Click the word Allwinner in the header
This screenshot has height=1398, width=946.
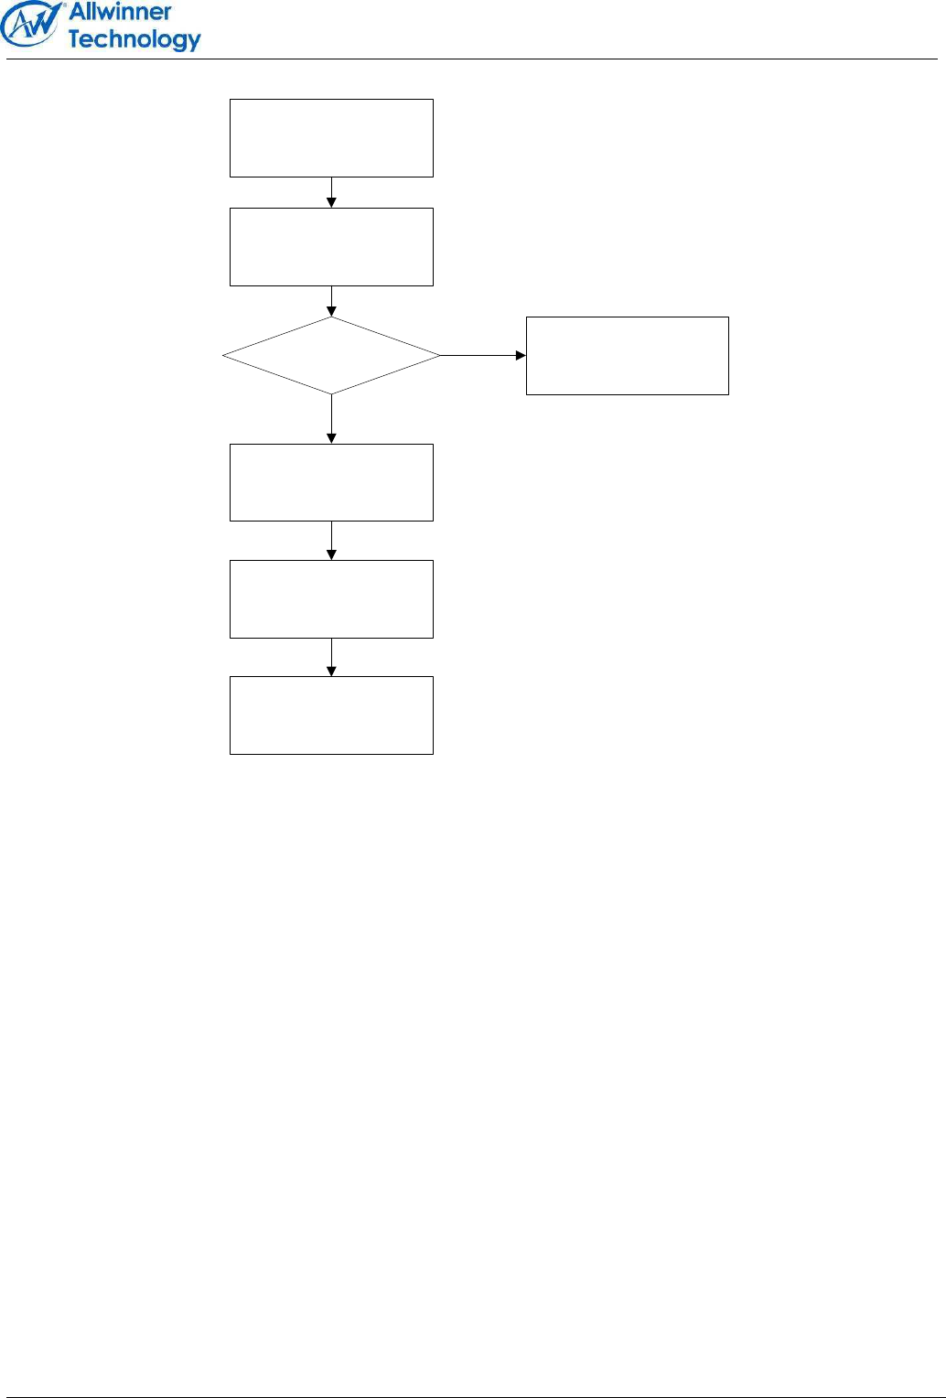point(121,12)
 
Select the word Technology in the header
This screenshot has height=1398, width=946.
point(134,39)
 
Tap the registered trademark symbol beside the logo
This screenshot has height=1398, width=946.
point(64,5)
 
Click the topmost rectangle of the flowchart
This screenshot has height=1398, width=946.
point(331,138)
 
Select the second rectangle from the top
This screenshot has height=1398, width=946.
point(331,247)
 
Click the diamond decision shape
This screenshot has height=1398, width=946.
point(331,356)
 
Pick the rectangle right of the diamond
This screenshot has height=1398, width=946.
point(627,356)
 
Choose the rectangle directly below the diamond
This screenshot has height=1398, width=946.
point(331,482)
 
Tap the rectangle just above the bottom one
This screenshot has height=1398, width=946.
point(331,599)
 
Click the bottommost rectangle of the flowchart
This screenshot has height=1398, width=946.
point(331,715)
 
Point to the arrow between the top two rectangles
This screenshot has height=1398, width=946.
point(331,193)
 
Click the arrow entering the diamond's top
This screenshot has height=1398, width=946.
point(331,302)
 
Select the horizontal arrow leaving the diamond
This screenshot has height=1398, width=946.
point(483,356)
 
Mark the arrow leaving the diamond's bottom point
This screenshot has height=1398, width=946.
point(331,419)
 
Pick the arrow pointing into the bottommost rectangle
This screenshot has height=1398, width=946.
point(331,658)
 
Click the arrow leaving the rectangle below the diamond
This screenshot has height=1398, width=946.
point(331,541)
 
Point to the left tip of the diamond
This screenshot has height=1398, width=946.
point(224,356)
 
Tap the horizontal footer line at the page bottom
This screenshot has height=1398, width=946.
point(472,1396)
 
